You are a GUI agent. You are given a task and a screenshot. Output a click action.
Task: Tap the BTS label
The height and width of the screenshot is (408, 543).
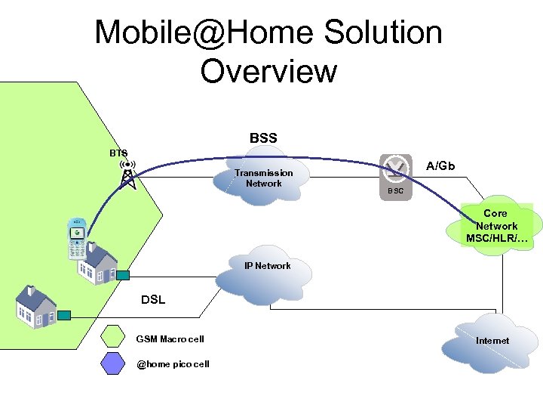click(x=118, y=153)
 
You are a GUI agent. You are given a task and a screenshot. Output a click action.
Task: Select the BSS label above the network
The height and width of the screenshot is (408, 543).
click(x=263, y=138)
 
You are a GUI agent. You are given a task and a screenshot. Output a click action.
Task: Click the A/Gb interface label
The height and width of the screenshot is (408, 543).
click(x=440, y=165)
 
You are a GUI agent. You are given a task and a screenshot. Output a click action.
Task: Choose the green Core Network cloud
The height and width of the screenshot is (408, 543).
click(x=495, y=227)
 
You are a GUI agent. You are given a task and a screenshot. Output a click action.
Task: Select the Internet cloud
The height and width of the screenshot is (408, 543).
click(x=492, y=341)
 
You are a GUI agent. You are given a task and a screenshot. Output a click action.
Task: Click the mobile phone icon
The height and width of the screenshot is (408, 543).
click(x=77, y=238)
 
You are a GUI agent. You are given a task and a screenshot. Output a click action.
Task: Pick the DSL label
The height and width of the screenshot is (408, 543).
click(x=153, y=300)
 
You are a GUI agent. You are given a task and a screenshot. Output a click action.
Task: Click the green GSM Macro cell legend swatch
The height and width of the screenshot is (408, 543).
click(x=114, y=338)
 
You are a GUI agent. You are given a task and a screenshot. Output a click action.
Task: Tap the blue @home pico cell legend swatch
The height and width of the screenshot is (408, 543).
click(x=114, y=364)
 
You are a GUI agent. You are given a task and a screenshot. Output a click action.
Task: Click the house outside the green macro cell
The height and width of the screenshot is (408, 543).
click(x=36, y=307)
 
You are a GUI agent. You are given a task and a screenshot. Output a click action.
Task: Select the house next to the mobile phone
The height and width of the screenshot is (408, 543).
click(x=99, y=261)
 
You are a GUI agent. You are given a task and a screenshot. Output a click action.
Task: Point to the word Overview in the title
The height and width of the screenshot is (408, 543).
click(x=268, y=71)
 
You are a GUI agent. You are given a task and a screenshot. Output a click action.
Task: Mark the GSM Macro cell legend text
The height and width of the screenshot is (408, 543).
click(x=170, y=339)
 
